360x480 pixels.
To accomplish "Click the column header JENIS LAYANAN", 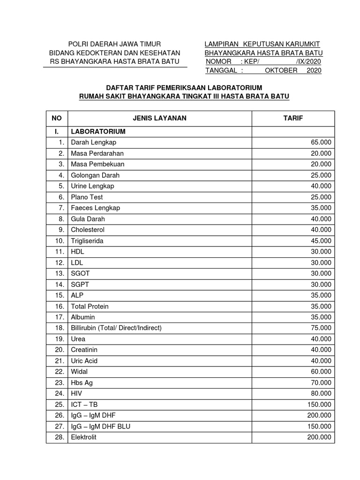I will (159, 118).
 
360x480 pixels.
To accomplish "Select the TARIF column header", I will (293, 118).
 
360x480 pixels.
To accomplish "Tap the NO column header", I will (57, 118).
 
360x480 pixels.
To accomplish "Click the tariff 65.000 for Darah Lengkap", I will (321, 142).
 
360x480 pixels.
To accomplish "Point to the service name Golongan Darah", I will (95, 175).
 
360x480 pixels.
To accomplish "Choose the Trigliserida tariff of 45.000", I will (321, 241).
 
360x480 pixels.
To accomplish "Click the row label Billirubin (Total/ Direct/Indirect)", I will (116, 328).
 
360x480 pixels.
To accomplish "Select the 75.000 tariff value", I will (321, 328).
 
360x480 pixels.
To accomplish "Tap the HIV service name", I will (76, 394).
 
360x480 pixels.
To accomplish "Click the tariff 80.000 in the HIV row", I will (321, 394).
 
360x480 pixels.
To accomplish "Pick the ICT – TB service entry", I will (84, 405).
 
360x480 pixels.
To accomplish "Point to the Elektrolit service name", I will (85, 437).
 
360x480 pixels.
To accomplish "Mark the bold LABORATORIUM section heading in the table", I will (98, 132).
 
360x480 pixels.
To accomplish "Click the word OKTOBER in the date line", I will (281, 70).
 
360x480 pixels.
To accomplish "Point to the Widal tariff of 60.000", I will (321, 372).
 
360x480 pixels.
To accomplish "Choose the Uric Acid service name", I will (84, 361).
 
